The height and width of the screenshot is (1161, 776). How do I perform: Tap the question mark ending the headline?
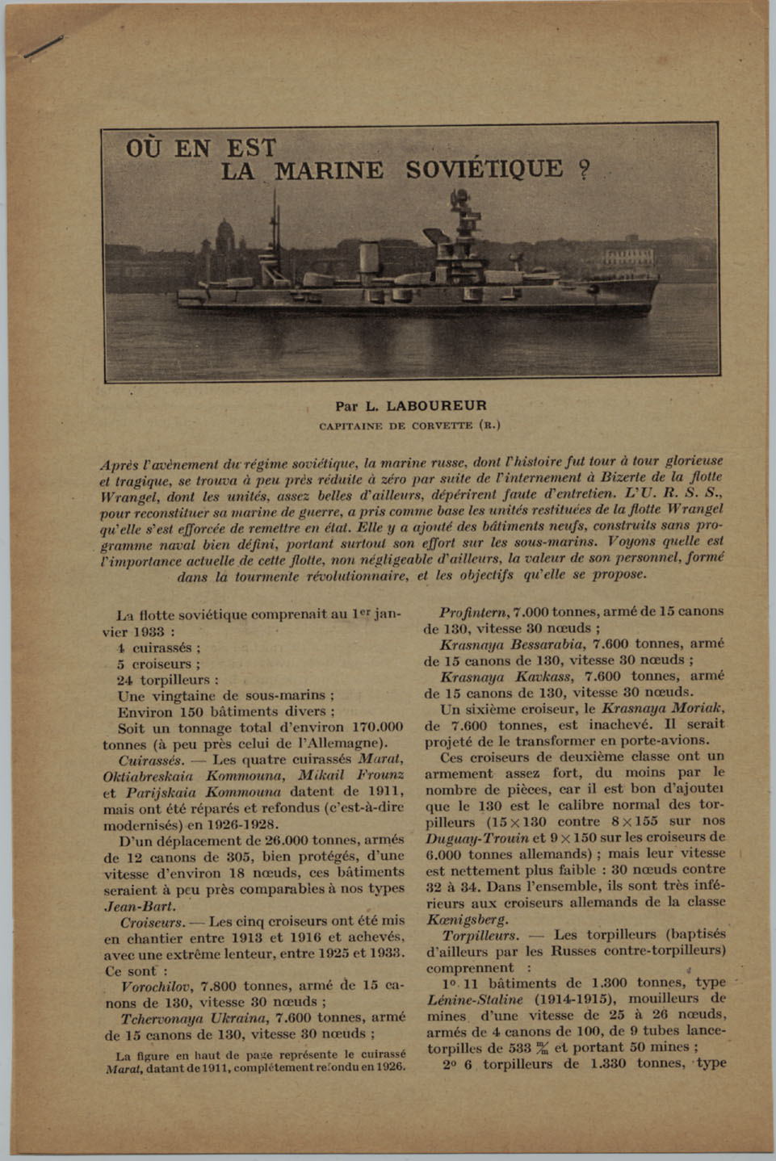pyautogui.click(x=583, y=171)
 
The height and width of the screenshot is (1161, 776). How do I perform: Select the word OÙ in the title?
pyautogui.click(x=146, y=149)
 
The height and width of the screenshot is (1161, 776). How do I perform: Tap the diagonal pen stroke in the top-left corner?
pyautogui.click(x=44, y=47)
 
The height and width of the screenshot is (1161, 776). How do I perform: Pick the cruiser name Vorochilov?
pyautogui.click(x=156, y=987)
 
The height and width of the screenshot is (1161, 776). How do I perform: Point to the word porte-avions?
pyautogui.click(x=669, y=740)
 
